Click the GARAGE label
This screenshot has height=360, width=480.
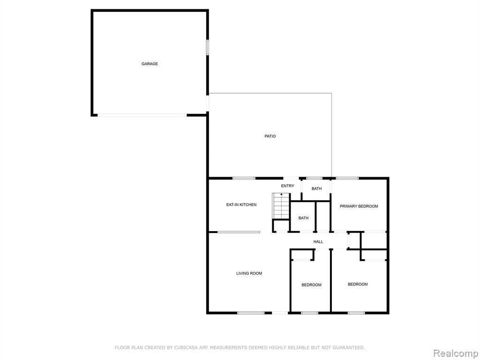pos(150,64)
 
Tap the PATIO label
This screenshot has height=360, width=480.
pos(270,136)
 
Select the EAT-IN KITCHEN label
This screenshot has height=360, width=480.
pos(241,204)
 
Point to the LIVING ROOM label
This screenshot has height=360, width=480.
pos(249,273)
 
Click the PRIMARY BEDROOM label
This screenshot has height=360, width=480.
pos(359,206)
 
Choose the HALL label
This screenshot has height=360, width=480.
pos(318,241)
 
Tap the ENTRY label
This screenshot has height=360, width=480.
pos(287,186)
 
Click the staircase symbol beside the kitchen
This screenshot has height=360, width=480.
pos(281,206)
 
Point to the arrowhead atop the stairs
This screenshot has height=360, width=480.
pos(281,194)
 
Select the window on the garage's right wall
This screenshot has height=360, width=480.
pos(207,47)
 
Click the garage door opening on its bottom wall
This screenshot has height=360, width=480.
pos(142,115)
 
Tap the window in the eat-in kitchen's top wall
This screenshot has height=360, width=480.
pos(244,178)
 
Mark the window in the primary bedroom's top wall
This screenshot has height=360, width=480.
pos(347,178)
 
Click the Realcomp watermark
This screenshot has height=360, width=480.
pos(456,353)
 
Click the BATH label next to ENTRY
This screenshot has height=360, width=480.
pos(316,188)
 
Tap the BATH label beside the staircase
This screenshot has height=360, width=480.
pos(303,218)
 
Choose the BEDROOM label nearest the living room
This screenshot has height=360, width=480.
pos(311,285)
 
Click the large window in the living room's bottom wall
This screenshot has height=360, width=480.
pos(251,313)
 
